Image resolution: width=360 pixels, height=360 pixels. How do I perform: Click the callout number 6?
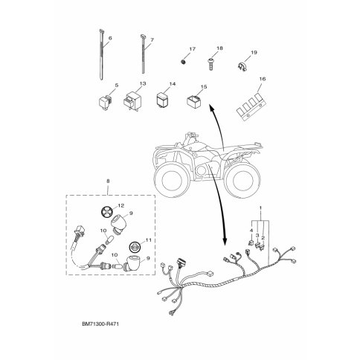coord(110,38)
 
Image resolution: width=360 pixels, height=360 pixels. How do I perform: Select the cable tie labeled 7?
coord(143,54)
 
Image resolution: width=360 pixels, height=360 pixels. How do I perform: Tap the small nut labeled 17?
coord(184,61)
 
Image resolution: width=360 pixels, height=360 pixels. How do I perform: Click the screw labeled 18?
coord(210,64)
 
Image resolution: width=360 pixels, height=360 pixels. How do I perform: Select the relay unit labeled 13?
coord(132,101)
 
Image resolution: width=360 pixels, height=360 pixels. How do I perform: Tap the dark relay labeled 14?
coord(164,99)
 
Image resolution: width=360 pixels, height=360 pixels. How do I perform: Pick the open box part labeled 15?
coord(193,102)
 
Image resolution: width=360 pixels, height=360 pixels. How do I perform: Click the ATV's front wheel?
coord(171,181)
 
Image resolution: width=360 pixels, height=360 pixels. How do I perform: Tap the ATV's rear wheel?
coord(240,180)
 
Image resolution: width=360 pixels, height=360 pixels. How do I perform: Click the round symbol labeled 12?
coord(107,212)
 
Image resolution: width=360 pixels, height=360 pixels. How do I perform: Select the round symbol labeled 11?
coord(135,247)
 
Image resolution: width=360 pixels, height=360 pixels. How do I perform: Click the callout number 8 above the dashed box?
coord(108,181)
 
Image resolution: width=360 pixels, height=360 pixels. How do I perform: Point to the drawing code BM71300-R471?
coord(100,324)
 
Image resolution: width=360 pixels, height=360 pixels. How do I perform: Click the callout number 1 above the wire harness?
coord(260,207)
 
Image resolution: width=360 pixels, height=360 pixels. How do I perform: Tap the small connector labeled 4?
coord(251,243)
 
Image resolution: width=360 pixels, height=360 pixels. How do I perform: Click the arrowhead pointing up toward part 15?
coord(211,108)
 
